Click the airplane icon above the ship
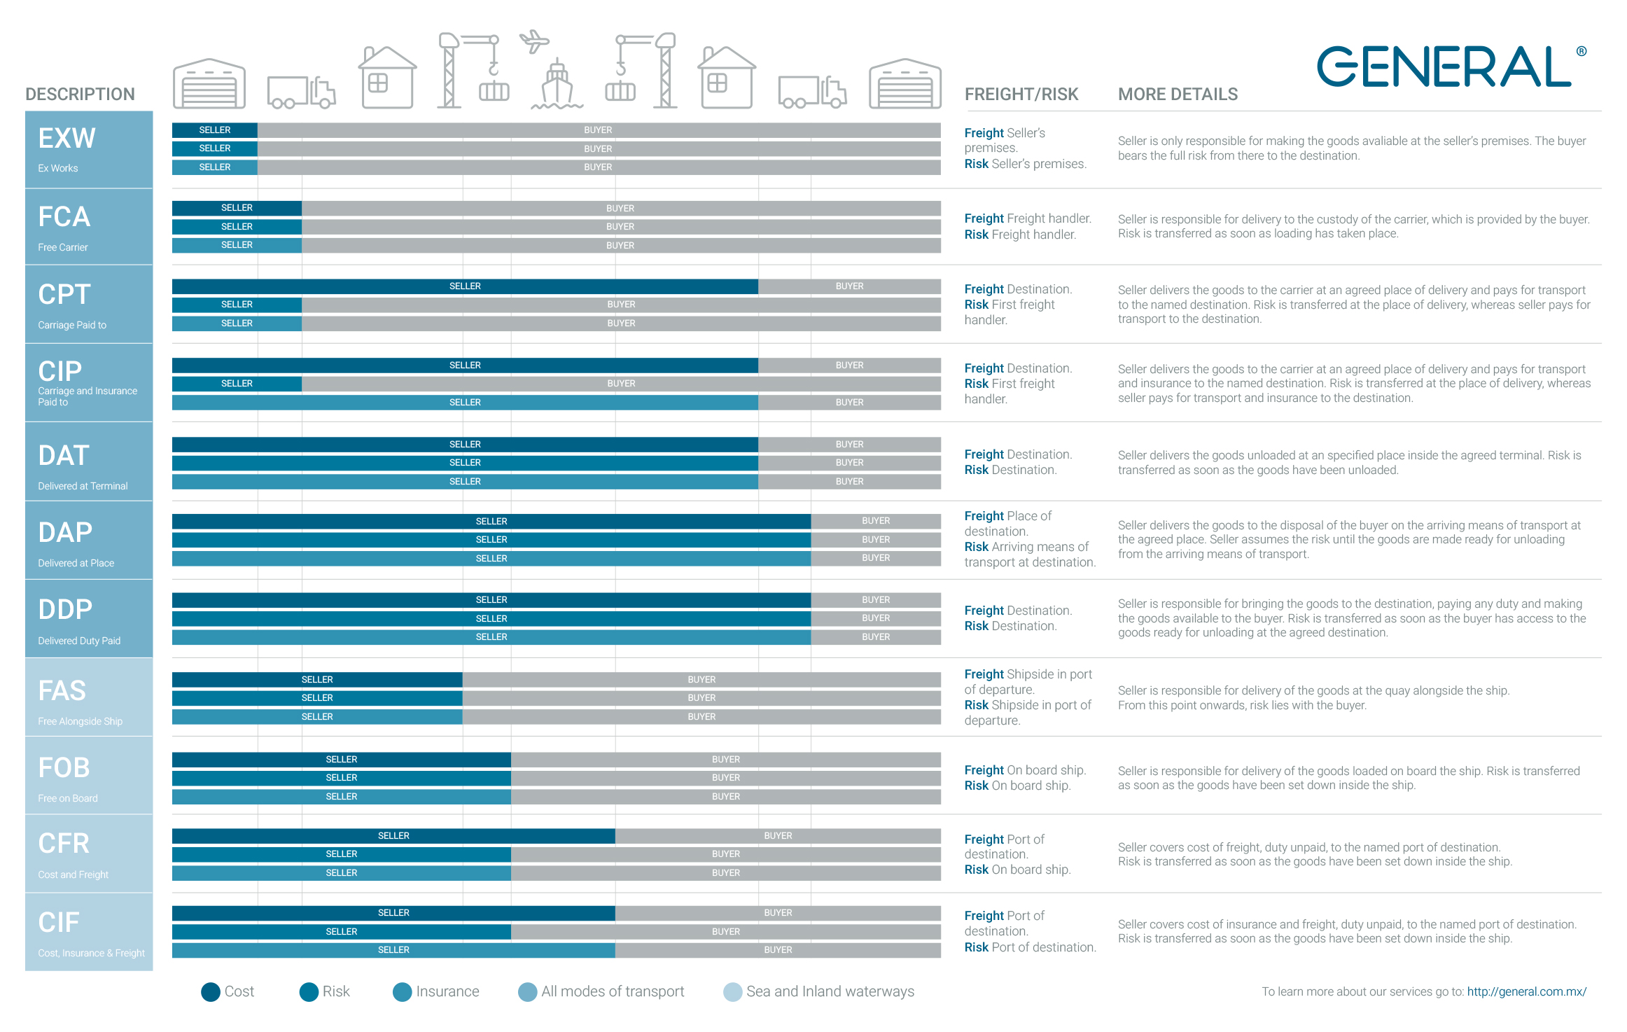coord(534,41)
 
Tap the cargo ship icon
coord(557,85)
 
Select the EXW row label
coord(89,149)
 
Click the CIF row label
coord(89,932)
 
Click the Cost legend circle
coord(211,992)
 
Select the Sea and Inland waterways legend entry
coord(819,992)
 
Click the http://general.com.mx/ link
coord(1527,991)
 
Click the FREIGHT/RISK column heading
coord(1021,95)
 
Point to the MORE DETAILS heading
coord(1178,95)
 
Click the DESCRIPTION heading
coord(81,95)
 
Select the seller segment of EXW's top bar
coord(215,130)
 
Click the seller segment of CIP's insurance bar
coord(465,403)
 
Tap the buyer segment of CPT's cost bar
coord(849,286)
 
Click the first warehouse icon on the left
coord(209,83)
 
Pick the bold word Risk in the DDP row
coord(976,626)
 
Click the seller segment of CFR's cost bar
coord(393,836)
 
